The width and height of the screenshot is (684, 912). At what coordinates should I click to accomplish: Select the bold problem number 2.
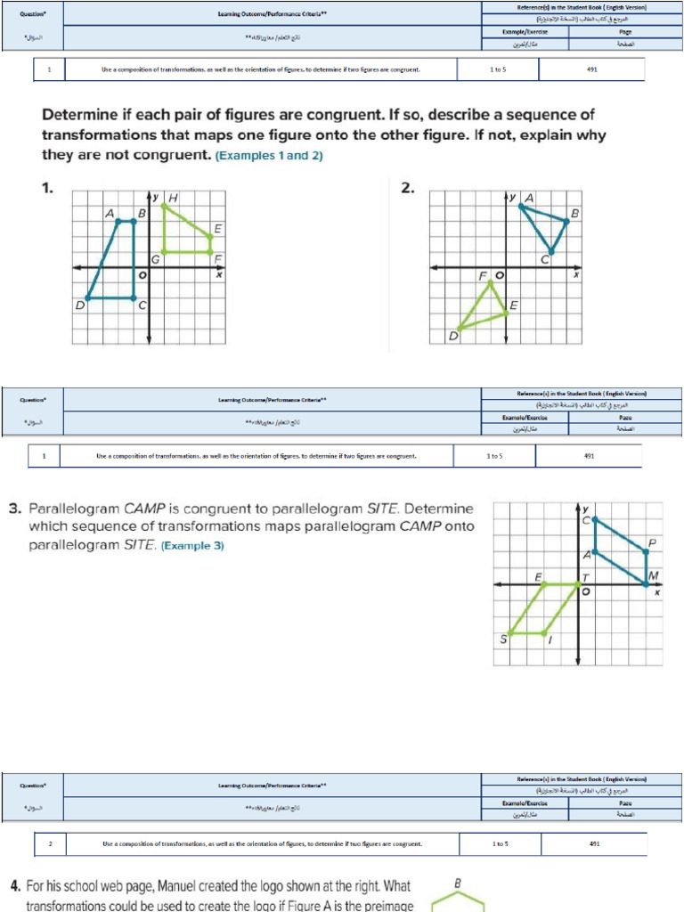click(x=407, y=188)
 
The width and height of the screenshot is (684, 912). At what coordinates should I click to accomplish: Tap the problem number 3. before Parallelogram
click(x=15, y=509)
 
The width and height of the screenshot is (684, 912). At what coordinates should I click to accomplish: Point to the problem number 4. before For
click(x=15, y=886)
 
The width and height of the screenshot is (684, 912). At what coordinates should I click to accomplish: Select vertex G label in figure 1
click(x=155, y=259)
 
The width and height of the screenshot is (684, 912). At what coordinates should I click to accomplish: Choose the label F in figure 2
click(x=484, y=276)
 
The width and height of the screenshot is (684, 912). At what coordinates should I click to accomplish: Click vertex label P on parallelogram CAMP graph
click(x=653, y=542)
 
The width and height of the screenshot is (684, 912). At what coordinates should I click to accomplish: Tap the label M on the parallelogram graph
click(x=654, y=575)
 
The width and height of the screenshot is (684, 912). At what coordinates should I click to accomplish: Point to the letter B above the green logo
click(x=458, y=883)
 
